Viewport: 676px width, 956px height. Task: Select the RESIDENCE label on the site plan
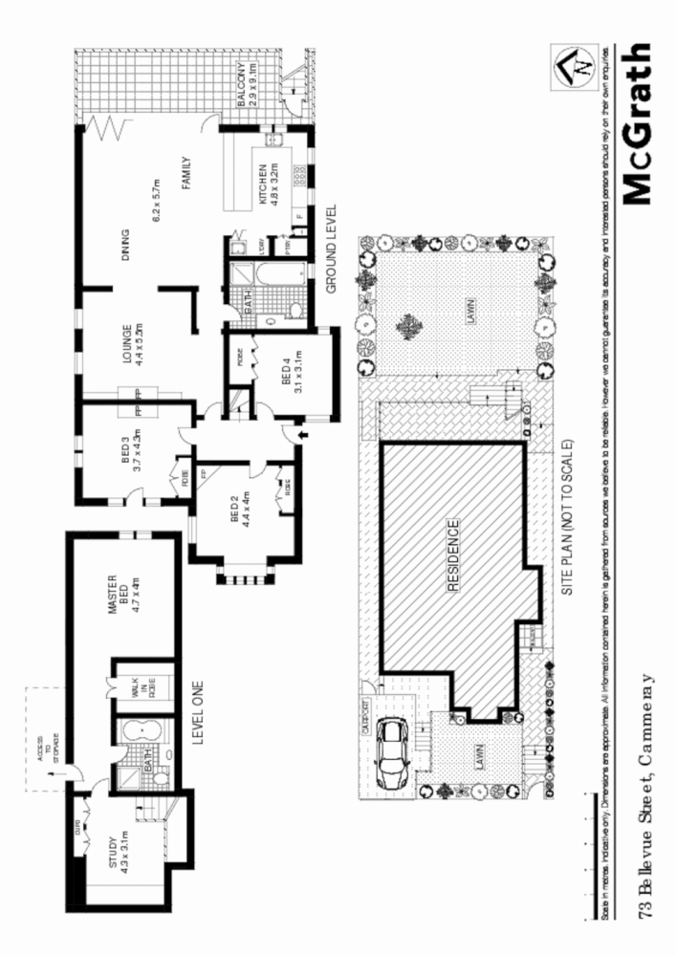pos(453,556)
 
